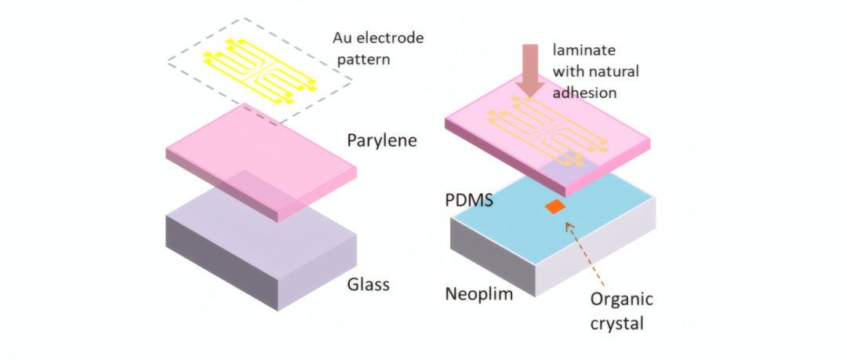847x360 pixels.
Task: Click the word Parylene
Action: coord(382,141)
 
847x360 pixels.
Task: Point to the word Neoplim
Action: coord(478,295)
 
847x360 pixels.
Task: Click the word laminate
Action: coord(584,50)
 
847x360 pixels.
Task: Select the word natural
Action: coord(617,71)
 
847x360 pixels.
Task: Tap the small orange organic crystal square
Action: coord(555,206)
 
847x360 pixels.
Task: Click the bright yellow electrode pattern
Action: coord(260,71)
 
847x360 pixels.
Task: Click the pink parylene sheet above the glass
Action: coord(261,162)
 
